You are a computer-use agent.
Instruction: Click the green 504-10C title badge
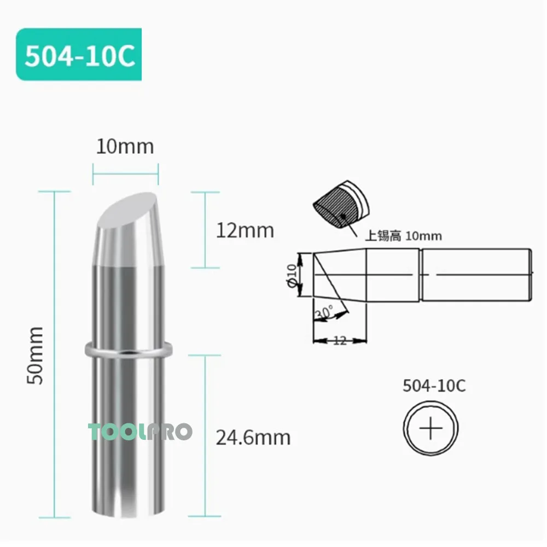(79, 55)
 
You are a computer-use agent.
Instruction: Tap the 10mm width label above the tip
(125, 147)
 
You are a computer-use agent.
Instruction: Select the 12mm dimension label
(245, 230)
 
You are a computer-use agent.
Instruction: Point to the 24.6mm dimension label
(253, 437)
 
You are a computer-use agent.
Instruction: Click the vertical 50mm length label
(36, 355)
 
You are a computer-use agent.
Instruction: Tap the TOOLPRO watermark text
(141, 432)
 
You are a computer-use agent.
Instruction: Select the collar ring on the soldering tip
(129, 350)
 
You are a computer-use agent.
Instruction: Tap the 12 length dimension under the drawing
(340, 341)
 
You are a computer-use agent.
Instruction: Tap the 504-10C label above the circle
(434, 386)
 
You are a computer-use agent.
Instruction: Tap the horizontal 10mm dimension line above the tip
(126, 174)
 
